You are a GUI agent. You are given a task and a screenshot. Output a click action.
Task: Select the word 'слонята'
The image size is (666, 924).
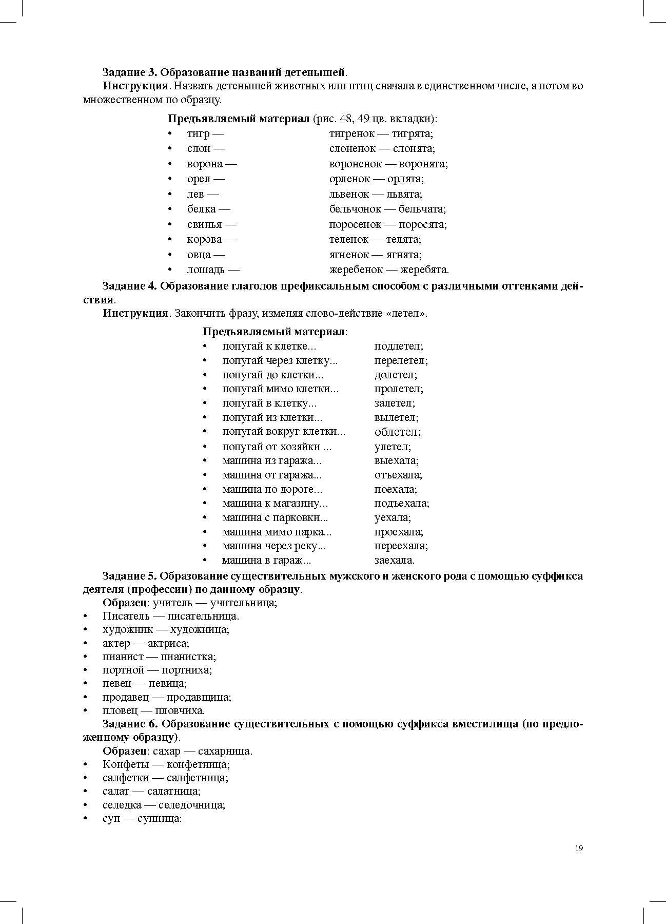pos(414,148)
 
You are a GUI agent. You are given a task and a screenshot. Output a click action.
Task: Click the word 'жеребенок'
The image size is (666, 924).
pos(356,269)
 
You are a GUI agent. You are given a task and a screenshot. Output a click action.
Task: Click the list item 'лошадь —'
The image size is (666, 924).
pos(213,269)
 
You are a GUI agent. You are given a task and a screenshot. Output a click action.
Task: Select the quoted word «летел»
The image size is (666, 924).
pos(408,313)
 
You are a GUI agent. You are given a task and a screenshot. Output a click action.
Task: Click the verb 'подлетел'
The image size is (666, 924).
pos(398,346)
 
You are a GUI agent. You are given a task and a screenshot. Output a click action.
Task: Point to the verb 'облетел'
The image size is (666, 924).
pos(397,432)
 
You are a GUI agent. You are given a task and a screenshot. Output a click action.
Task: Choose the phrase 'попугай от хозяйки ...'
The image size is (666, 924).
pos(277,447)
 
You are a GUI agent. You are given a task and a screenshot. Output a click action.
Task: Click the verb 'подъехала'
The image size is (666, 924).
pos(401,504)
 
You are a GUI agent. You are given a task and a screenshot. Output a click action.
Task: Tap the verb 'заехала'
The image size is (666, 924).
pos(394,560)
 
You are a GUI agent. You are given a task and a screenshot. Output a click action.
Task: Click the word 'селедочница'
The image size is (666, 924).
pos(191,805)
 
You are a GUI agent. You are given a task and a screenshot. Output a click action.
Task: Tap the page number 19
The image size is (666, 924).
pos(579,848)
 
